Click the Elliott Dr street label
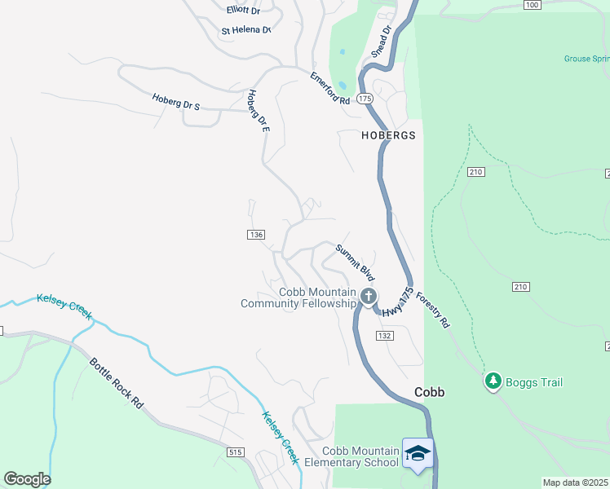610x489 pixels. (x=243, y=11)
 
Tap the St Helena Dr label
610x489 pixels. (x=246, y=30)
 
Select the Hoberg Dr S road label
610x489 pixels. (x=175, y=102)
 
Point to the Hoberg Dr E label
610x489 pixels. (x=258, y=111)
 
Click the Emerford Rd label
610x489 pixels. (x=329, y=88)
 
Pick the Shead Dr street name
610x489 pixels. (x=382, y=40)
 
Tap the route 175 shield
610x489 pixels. (x=365, y=98)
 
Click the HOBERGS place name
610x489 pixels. (x=389, y=135)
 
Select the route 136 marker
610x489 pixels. (x=255, y=235)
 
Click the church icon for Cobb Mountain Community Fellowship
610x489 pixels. (x=369, y=297)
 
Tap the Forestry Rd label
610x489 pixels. (x=432, y=309)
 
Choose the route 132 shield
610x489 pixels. (x=385, y=336)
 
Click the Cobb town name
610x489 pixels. (x=429, y=392)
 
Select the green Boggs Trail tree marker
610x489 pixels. (x=493, y=381)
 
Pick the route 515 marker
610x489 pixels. (x=236, y=452)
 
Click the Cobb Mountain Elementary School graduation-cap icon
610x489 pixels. (x=418, y=452)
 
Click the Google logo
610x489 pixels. (x=27, y=479)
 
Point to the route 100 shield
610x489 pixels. (x=532, y=5)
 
